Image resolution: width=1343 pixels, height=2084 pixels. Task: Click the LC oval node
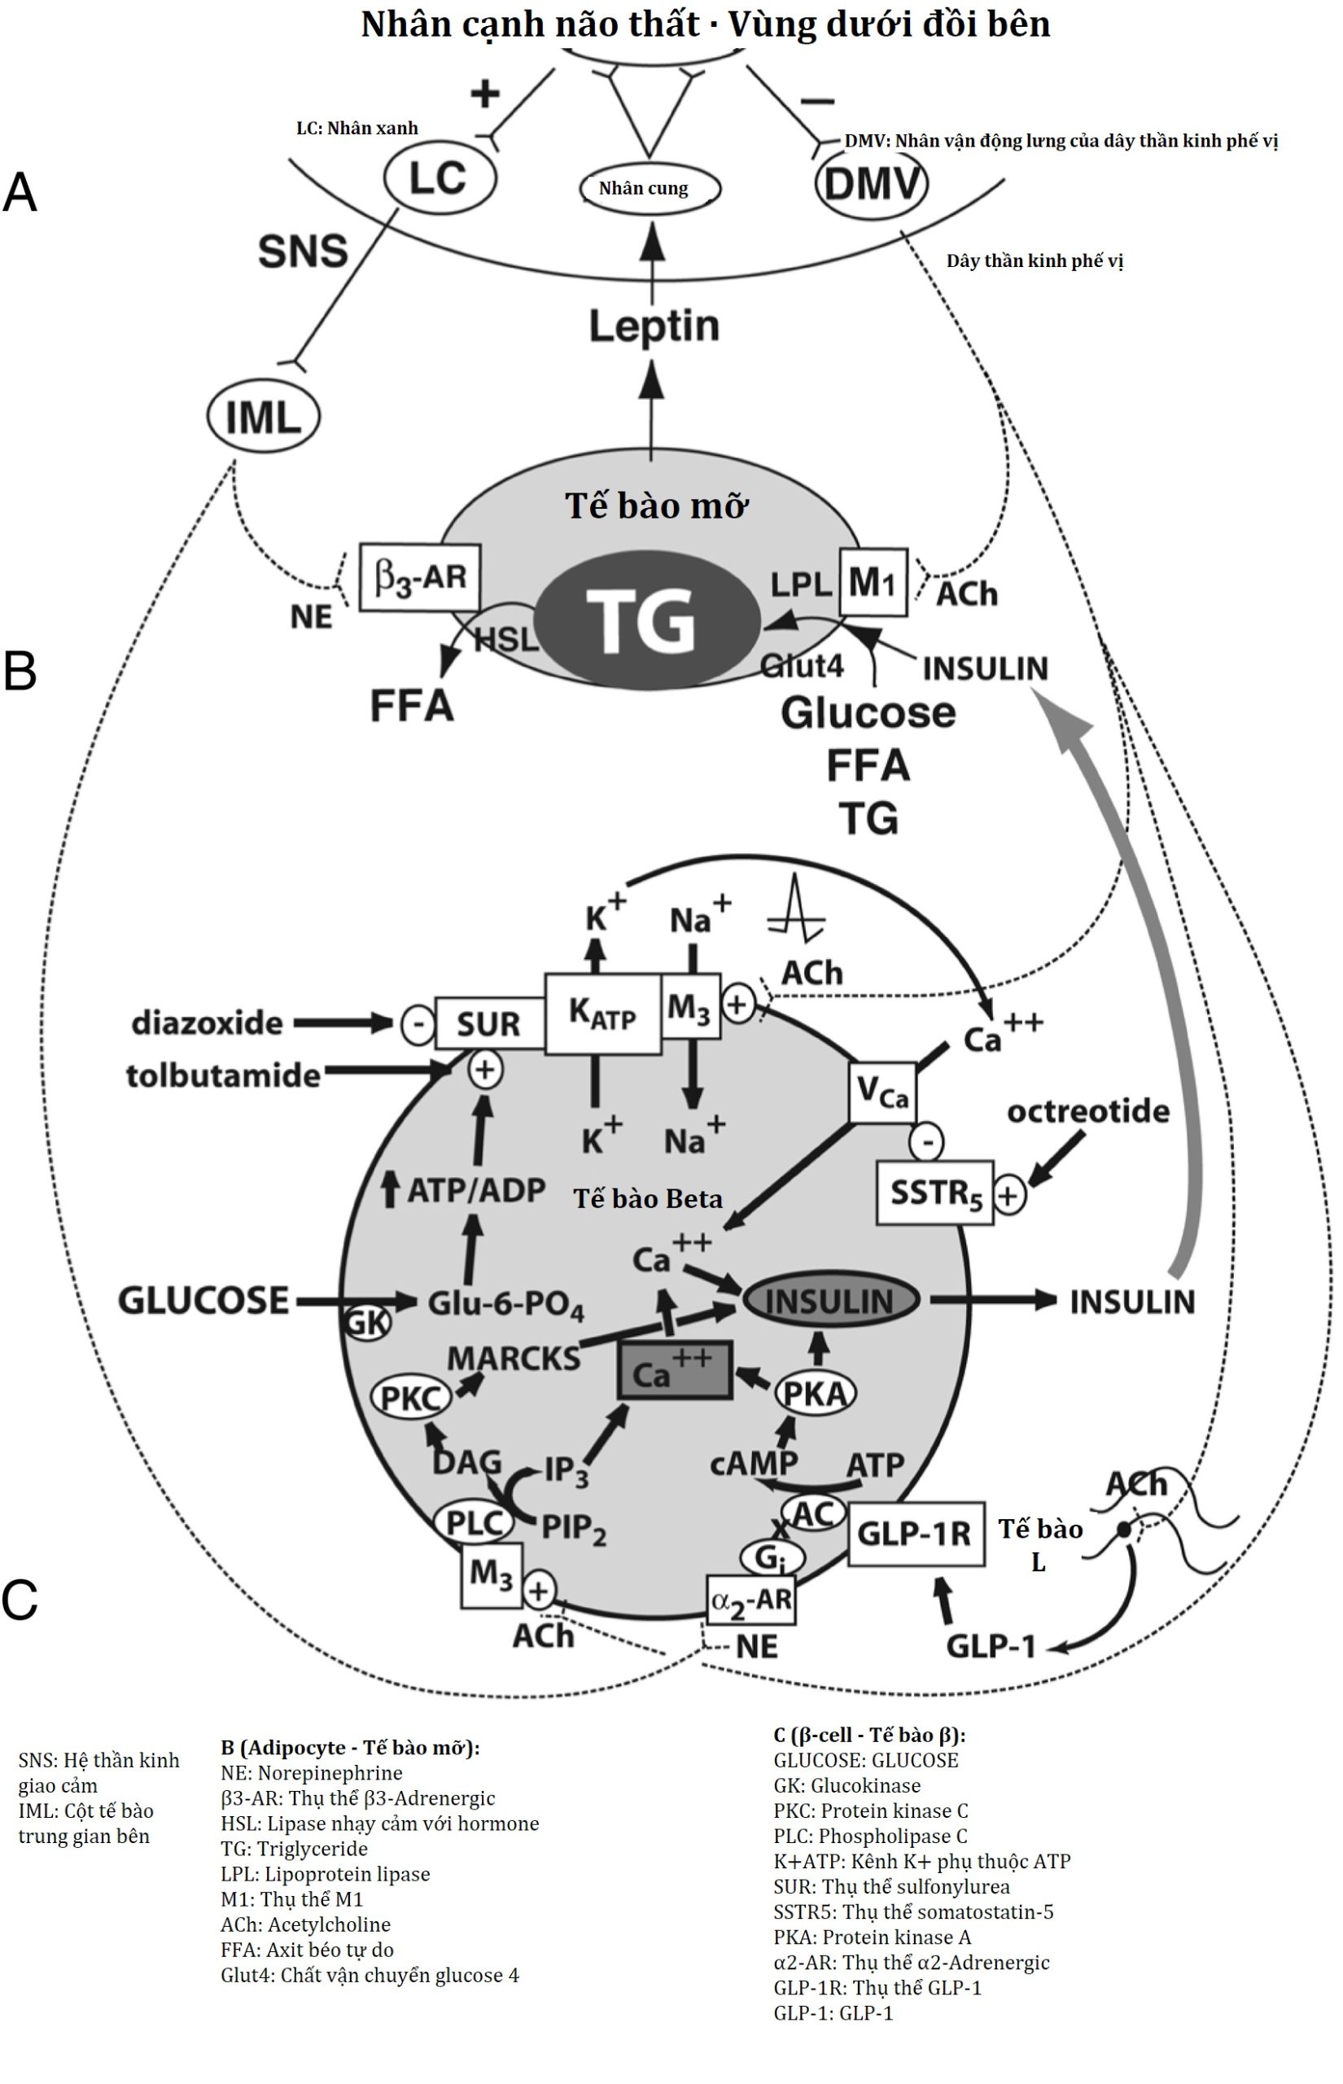(440, 179)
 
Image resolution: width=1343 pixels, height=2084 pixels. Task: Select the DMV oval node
(870, 184)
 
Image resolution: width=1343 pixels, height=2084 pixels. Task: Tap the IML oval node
(264, 417)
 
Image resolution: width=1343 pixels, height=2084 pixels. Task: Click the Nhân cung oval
(650, 188)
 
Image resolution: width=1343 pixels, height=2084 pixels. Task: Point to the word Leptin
(654, 326)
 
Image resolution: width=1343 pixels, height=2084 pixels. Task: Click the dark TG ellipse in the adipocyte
(646, 620)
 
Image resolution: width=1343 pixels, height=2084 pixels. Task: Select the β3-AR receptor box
(419, 576)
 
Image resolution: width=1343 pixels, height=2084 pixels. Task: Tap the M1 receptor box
(872, 581)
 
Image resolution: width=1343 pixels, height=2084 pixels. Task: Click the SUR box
(488, 1022)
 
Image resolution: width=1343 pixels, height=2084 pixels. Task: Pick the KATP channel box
(602, 1014)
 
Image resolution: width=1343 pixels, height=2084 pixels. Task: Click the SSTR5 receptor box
(934, 1192)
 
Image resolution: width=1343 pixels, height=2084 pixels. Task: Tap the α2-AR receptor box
(750, 1600)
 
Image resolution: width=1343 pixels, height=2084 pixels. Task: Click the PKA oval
(815, 1394)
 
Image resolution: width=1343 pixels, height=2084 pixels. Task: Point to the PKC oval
(411, 1398)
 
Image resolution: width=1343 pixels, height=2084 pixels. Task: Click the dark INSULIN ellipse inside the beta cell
(830, 1301)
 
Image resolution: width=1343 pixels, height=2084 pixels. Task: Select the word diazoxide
(208, 1022)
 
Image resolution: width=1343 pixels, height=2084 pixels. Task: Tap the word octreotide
(1087, 1111)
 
